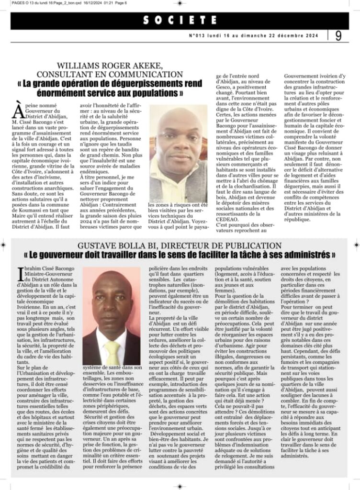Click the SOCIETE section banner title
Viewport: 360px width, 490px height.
(x=180, y=20)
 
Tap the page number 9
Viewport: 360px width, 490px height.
(x=338, y=36)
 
